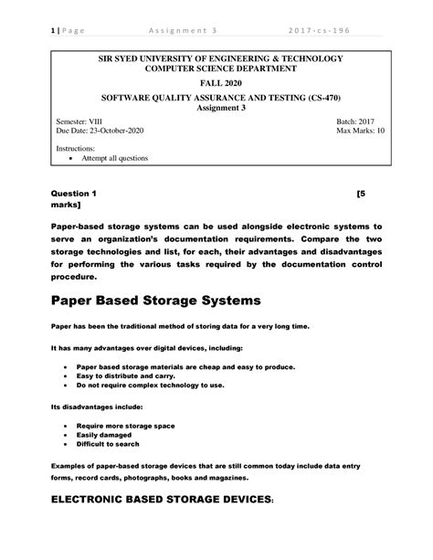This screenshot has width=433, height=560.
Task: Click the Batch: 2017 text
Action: point(358,121)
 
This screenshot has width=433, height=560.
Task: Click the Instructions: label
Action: point(76,146)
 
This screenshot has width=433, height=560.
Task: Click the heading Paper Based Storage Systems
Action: point(156,301)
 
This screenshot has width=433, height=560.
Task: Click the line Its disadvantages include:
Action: point(97,407)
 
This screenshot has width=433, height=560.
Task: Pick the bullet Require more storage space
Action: point(133,426)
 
